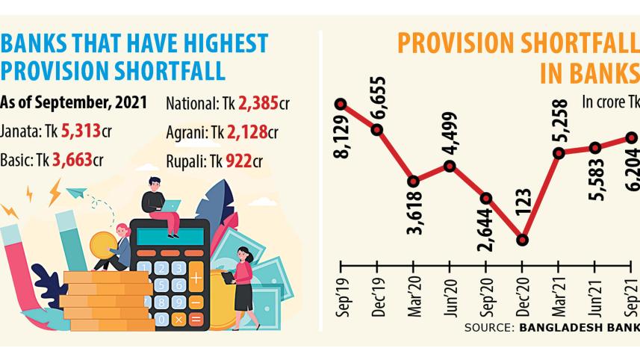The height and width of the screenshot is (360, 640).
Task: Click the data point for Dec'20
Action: (x=522, y=240)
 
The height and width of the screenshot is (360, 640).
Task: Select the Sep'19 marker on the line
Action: (x=341, y=105)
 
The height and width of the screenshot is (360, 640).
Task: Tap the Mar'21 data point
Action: (x=559, y=153)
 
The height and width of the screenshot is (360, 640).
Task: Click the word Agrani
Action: (x=185, y=131)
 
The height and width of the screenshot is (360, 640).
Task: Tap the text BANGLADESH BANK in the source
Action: (x=578, y=327)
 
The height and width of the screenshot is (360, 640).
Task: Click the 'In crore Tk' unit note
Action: (x=610, y=102)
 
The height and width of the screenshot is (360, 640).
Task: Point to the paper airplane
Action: (x=76, y=193)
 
